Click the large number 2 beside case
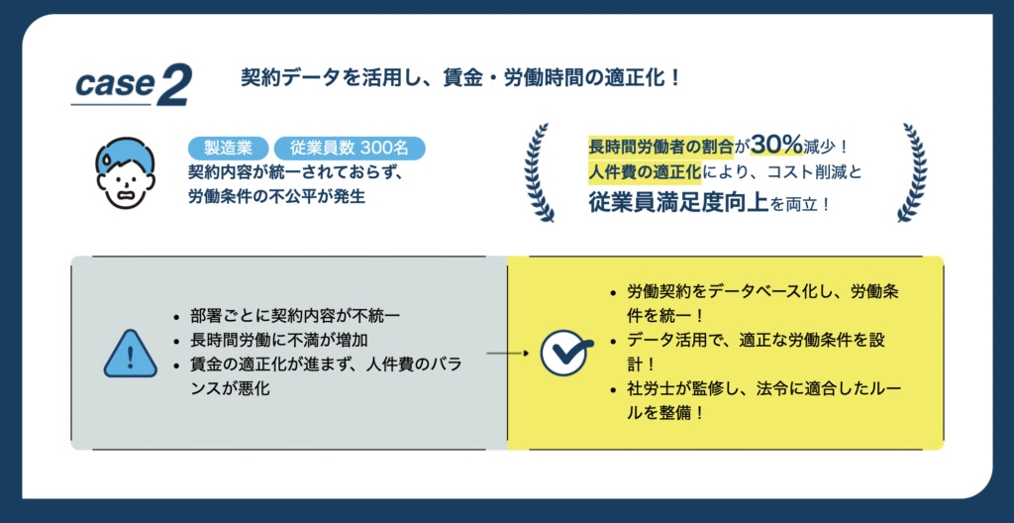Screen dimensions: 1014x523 pos(172,85)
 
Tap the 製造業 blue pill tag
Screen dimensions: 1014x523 pos(228,149)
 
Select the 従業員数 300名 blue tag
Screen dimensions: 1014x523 pos(350,149)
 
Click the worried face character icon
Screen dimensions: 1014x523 pos(127,172)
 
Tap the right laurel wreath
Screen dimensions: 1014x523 pos(912,172)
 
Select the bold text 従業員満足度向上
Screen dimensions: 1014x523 pos(678,203)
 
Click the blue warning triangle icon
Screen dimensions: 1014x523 pos(130,354)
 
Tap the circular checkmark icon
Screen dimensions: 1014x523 pos(563,353)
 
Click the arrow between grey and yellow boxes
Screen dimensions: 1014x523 pos(508,354)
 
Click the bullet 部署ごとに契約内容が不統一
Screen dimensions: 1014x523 pos(295,317)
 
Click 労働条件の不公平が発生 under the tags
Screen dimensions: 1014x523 pos(277,196)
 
